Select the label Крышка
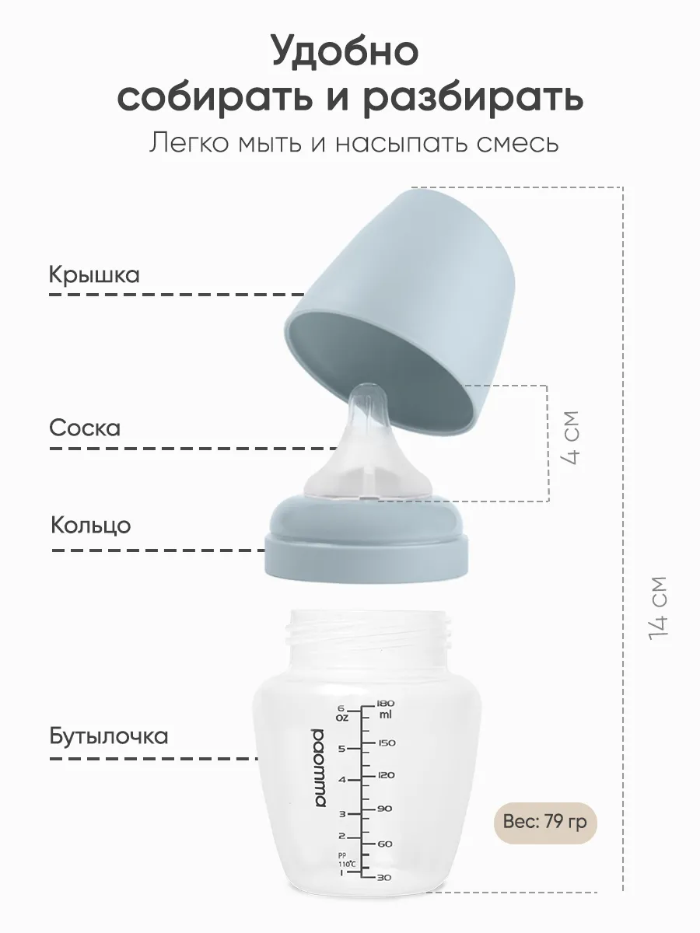click(94, 275)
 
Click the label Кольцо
click(90, 526)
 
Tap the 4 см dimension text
click(569, 438)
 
